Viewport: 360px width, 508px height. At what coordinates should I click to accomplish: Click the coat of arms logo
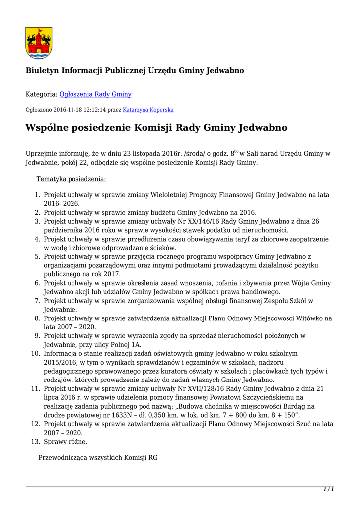point(39,43)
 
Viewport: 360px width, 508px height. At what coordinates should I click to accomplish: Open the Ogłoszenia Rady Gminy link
point(95,94)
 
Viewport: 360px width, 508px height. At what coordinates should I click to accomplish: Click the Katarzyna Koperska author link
point(148,110)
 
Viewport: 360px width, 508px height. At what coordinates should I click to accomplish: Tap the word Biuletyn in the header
point(42,71)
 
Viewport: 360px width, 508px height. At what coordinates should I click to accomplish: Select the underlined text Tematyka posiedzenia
point(71,179)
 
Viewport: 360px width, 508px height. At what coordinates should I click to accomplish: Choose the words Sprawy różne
point(66,441)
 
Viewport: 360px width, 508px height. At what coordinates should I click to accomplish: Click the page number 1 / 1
point(328,490)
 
